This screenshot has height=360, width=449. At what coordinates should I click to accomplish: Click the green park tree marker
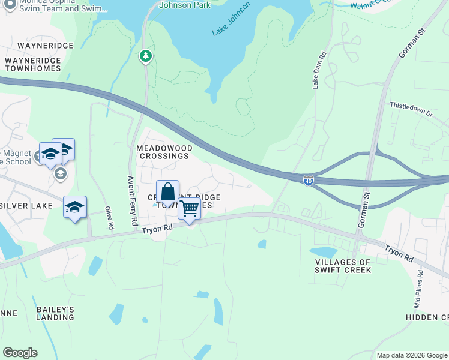145,56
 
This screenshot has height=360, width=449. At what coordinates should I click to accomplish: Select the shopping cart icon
189,209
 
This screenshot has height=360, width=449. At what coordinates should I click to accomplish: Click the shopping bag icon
168,192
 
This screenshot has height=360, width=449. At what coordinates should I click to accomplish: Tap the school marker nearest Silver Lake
75,208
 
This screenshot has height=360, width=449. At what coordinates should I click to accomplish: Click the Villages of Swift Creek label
343,266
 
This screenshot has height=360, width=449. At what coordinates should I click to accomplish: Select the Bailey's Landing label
55,313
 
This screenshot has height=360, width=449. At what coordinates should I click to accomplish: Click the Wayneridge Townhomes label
33,64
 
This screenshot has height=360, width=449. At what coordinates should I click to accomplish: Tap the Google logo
20,353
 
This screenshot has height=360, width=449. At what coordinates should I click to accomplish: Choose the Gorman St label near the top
411,43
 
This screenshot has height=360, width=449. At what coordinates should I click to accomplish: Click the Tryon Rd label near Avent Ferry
157,229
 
